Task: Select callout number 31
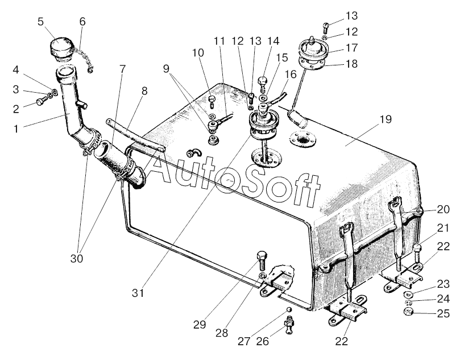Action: click(x=139, y=293)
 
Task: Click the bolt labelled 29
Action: click(x=262, y=260)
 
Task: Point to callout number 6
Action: click(x=83, y=22)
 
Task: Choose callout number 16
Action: click(x=291, y=75)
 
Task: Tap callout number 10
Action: click(x=198, y=53)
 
